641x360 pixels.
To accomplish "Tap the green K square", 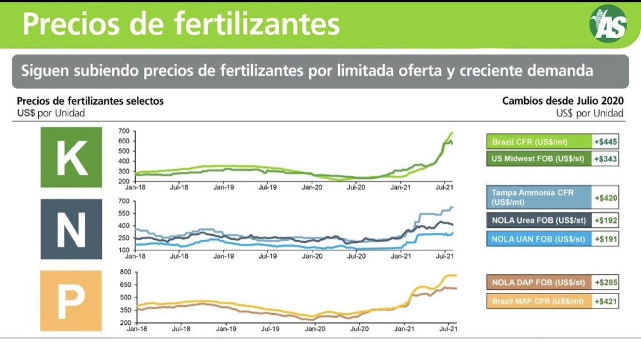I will pos(71,157).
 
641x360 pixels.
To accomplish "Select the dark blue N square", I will pos(71,229).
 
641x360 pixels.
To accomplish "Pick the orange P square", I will pos(71,301).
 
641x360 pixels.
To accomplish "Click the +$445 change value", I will pos(605,141).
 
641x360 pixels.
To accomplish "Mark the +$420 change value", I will pos(605,198).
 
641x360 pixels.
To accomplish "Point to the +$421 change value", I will pos(605,301).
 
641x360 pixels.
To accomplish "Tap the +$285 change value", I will pos(605,282).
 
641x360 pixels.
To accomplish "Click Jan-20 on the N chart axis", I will pos(313,256).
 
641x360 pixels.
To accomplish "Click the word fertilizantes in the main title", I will pos(257,23).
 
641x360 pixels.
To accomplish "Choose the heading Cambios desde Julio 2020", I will pos(563,101).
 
